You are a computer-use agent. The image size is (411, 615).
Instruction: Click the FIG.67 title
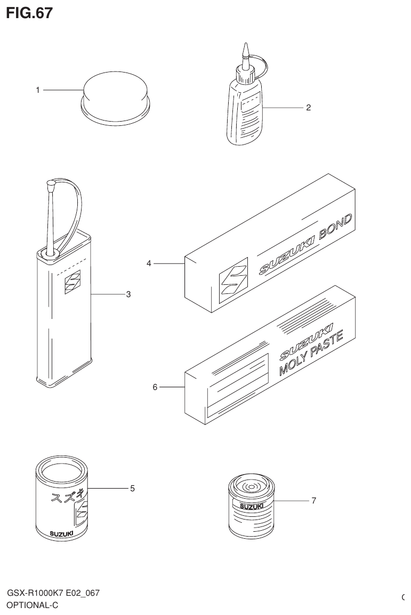click(29, 13)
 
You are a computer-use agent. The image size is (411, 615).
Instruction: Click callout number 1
click(38, 90)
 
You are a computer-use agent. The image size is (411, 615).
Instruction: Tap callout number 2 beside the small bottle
click(308, 108)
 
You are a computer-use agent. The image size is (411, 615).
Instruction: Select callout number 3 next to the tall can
click(128, 294)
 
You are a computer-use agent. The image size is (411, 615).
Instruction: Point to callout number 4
click(150, 263)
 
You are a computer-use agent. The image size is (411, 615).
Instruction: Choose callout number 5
click(132, 488)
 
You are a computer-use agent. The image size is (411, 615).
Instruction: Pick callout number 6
click(155, 387)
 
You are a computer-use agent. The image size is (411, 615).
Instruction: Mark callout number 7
click(314, 501)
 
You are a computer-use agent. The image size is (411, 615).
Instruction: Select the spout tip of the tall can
click(51, 185)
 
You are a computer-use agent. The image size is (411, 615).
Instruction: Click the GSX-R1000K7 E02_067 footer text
click(53, 594)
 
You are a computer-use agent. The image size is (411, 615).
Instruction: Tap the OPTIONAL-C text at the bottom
click(31, 605)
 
